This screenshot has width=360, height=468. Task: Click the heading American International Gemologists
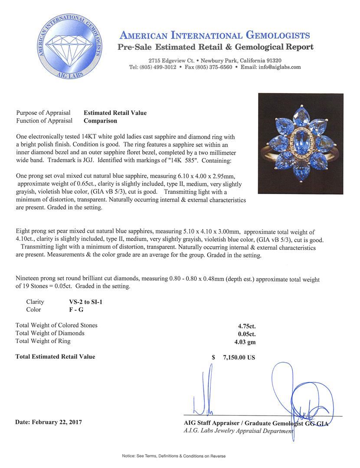[x=214, y=36]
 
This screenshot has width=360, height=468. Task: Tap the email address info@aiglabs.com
[x=280, y=67]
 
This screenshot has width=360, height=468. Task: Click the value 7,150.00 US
[x=239, y=357]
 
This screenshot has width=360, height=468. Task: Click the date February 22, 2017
[x=49, y=422]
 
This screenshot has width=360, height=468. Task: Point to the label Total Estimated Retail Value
[x=55, y=357]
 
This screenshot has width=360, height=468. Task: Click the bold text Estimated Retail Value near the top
[x=115, y=113]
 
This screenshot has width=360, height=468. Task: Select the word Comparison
[x=100, y=121]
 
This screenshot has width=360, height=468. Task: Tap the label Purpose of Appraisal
[x=43, y=113]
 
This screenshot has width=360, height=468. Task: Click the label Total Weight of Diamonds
[x=50, y=333]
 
